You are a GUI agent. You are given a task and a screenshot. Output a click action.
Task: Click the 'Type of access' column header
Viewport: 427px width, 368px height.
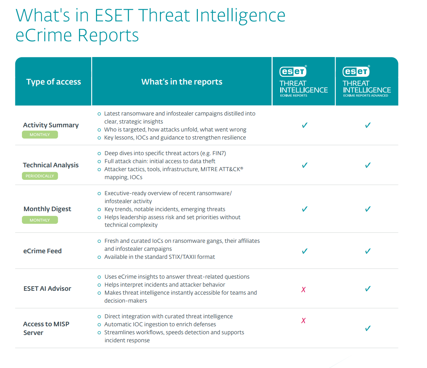[54, 82]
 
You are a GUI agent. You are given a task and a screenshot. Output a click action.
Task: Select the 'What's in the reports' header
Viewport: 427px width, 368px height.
[182, 82]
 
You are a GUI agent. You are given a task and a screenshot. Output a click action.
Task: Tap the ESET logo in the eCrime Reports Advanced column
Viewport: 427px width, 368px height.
[356, 72]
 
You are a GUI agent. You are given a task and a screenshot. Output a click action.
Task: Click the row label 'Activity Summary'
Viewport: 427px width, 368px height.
[51, 125]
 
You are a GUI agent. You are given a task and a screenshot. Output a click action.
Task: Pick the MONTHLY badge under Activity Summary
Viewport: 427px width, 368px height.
[40, 135]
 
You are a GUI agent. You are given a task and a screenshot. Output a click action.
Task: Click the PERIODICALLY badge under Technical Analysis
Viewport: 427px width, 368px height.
[40, 176]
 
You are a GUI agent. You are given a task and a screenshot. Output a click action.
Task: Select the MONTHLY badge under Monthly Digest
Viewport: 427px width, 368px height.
[40, 220]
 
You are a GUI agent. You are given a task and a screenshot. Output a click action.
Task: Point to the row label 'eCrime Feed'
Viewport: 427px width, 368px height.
[42, 251]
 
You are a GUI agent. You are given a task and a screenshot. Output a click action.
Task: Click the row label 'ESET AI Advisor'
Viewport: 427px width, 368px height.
[47, 288]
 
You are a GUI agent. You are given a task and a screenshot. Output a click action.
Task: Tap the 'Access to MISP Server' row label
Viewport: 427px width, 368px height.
[46, 328]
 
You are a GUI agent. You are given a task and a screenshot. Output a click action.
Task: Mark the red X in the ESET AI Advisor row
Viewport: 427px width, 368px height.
[304, 289]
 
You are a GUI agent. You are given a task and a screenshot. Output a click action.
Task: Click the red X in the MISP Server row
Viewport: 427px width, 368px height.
[304, 320]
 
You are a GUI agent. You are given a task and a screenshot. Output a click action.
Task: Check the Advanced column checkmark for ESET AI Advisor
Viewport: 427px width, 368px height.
[368, 289]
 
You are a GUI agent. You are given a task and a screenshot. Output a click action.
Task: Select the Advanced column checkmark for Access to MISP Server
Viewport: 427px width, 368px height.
[368, 328]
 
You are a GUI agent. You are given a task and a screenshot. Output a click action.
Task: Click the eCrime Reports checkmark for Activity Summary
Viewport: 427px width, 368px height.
[305, 125]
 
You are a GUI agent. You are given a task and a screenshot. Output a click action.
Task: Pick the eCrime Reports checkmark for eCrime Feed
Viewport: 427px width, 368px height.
[305, 251]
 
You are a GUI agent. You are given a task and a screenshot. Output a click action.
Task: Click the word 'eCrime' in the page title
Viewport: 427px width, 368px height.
[44, 35]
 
